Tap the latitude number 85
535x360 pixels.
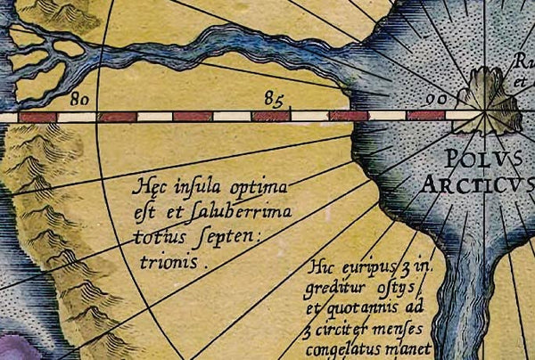275,96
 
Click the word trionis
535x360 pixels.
165,262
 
